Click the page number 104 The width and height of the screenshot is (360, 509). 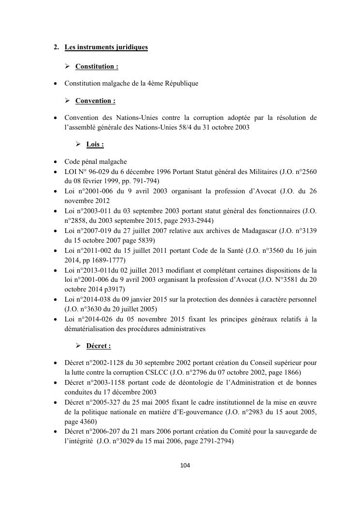point(185,465)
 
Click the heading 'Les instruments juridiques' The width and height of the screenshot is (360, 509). point(106,47)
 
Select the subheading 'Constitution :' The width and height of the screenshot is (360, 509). point(97,66)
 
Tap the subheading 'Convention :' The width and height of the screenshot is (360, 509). point(95,101)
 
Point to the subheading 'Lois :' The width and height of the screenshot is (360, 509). point(95,145)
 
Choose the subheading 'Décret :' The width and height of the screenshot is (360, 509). point(99,346)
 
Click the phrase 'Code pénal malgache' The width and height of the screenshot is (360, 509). point(96,162)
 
